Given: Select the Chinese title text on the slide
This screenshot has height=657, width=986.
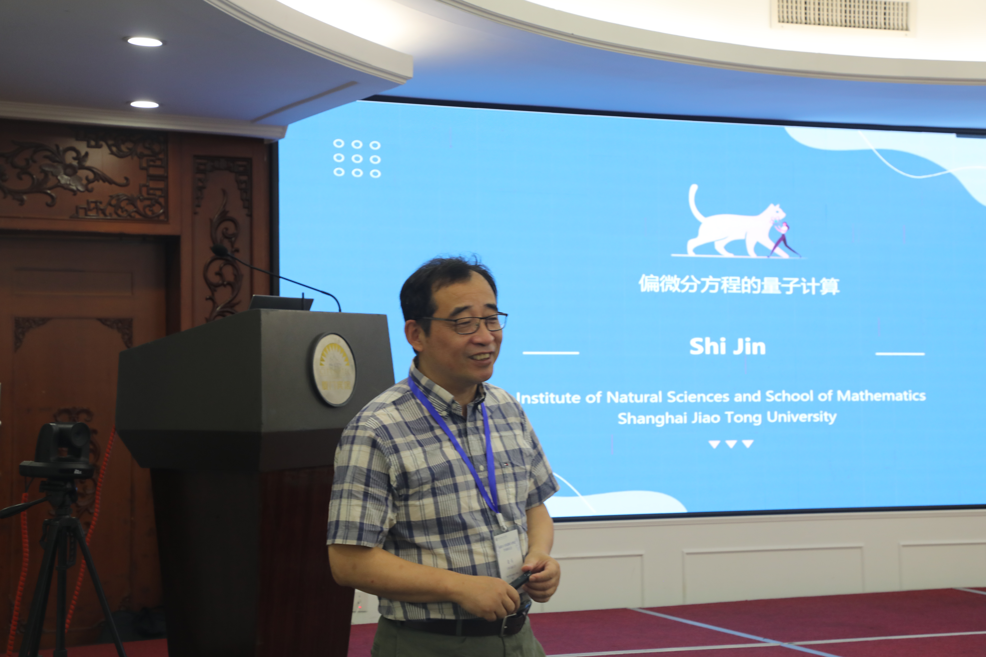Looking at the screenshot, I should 739,285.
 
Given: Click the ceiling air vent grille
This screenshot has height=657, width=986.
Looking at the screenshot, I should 843,15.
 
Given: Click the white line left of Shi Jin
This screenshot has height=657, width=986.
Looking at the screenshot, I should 550,353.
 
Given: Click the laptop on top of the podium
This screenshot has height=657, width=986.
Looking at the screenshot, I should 281,303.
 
